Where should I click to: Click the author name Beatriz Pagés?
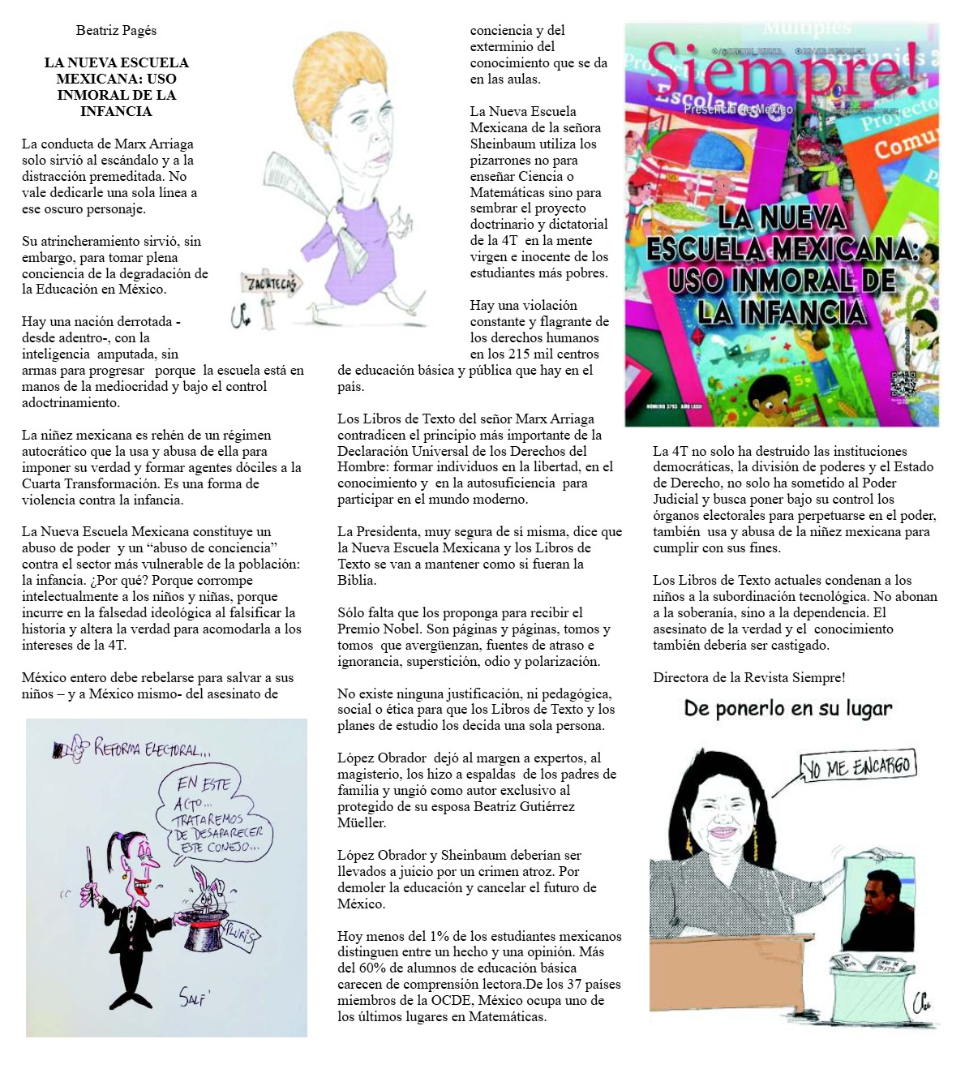116,31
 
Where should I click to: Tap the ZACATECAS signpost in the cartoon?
271,283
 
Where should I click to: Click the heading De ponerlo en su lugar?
787,709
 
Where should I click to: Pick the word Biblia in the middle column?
356,580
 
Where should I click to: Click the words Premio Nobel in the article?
380,629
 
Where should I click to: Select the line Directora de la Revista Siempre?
748,677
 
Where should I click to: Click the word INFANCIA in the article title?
116,111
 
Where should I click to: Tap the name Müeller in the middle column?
362,822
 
